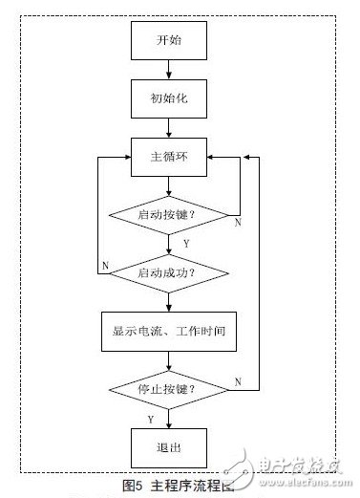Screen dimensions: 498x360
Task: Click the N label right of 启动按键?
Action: (237, 222)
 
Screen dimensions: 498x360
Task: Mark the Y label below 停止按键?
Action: (150, 417)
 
